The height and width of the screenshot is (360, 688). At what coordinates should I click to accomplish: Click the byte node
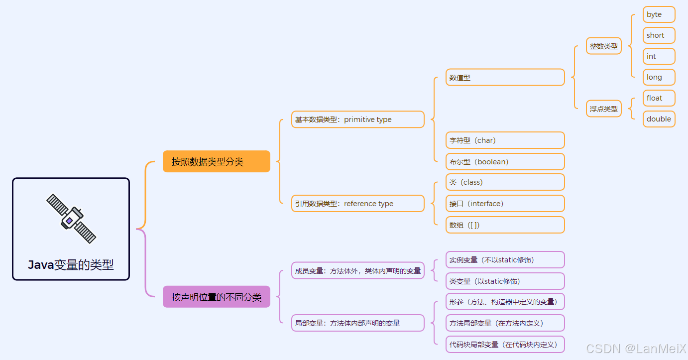point(659,14)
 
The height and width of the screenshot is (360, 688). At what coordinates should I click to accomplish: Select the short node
point(659,35)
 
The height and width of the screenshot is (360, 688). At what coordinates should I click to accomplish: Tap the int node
point(659,56)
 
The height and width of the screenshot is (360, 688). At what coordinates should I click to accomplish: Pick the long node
point(659,77)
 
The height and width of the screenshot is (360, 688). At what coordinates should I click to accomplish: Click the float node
point(659,98)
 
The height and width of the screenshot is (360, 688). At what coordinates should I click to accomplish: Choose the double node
point(659,119)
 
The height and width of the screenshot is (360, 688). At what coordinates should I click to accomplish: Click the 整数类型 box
point(604,46)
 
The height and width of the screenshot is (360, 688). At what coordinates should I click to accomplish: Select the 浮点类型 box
point(604,109)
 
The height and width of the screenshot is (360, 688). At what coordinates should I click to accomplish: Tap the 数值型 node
point(505,77)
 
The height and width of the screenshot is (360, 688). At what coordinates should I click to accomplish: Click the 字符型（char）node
point(505,140)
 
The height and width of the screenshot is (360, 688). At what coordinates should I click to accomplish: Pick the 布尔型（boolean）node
point(505,162)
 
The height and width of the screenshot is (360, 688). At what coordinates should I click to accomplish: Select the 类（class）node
point(505,182)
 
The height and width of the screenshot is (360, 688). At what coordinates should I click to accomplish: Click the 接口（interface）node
point(505,204)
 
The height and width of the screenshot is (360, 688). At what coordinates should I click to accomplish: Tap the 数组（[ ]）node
point(505,225)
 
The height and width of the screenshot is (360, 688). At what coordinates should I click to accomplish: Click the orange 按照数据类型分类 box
point(216,161)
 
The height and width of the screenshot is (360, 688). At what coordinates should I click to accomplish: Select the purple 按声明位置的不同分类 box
point(216,297)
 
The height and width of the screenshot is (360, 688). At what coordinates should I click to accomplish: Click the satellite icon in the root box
point(71,219)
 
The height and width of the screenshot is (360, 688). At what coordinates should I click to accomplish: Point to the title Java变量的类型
point(71,265)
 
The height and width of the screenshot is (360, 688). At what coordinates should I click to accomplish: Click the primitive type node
point(357,120)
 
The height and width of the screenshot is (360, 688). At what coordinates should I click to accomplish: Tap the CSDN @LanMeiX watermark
point(636,349)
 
